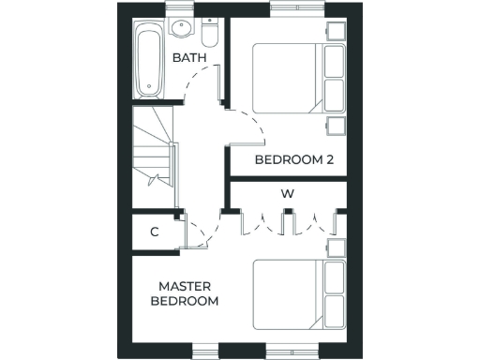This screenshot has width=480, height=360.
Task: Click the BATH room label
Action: tap(188, 58)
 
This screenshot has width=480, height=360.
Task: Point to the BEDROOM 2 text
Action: tap(294, 160)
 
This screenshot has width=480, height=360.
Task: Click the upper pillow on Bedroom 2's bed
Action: tap(334, 62)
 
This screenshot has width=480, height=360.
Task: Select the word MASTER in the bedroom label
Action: tap(184, 286)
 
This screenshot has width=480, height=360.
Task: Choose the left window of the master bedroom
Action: tap(206, 352)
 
